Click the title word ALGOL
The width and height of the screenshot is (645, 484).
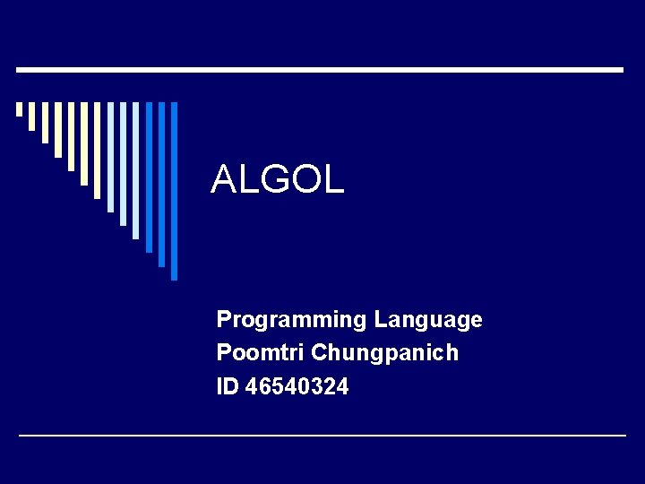277,180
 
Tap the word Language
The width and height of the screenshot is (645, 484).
428,320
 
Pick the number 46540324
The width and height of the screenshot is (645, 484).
297,387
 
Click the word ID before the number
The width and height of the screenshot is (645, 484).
228,387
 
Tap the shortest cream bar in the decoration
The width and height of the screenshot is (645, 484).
19,109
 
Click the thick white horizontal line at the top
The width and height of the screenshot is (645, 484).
319,69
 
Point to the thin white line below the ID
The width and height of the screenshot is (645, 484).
322,436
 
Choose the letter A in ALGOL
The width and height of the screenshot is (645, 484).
223,180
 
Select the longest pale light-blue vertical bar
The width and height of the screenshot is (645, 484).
135,170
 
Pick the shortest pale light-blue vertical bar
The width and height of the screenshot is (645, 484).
110,157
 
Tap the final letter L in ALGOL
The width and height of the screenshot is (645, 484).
334,180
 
